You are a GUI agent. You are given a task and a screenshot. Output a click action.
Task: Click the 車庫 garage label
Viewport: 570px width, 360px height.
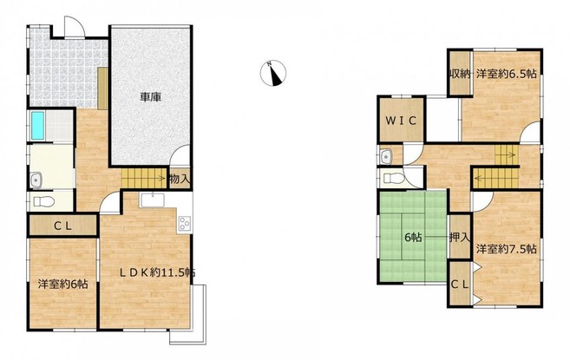click(x=151, y=97)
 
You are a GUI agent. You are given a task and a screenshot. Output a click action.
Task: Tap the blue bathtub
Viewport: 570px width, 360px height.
click(x=37, y=126)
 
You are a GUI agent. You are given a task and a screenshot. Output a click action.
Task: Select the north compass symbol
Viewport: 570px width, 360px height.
click(x=273, y=73)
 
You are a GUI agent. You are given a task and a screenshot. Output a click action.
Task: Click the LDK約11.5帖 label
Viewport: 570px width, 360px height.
click(x=158, y=272)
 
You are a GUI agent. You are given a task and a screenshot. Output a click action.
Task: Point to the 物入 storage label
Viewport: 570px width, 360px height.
click(x=180, y=179)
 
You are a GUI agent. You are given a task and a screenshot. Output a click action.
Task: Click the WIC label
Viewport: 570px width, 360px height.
click(x=401, y=121)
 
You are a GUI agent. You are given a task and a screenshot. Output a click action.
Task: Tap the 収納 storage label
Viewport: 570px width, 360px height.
click(x=460, y=75)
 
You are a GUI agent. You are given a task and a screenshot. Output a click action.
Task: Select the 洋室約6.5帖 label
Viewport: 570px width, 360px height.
click(x=507, y=74)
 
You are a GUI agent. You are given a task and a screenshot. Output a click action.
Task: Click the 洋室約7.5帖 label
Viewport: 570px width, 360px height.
click(x=507, y=249)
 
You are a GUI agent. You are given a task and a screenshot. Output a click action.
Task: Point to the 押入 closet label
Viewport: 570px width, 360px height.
click(x=460, y=238)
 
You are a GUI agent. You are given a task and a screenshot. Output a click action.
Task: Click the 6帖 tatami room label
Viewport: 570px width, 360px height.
click(x=413, y=238)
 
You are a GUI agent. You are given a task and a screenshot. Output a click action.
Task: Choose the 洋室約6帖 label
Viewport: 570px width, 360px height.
click(x=62, y=284)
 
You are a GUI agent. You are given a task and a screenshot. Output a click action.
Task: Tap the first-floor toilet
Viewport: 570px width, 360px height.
click(x=43, y=201)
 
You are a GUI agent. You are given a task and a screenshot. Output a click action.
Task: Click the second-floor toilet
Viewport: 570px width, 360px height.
click(x=392, y=178)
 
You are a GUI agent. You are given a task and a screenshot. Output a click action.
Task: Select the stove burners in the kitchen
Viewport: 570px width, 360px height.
click(x=184, y=223)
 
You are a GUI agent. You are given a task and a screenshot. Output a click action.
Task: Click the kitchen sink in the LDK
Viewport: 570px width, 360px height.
click(x=153, y=200)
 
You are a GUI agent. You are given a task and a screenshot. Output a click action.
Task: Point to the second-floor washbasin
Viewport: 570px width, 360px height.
click(x=385, y=157)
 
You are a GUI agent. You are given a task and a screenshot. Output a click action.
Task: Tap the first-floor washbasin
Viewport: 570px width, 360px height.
click(x=36, y=180)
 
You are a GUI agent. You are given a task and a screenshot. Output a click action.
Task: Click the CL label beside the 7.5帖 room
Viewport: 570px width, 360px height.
click(x=460, y=284)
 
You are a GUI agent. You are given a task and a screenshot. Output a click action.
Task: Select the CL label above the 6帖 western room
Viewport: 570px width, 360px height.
click(x=62, y=226)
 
